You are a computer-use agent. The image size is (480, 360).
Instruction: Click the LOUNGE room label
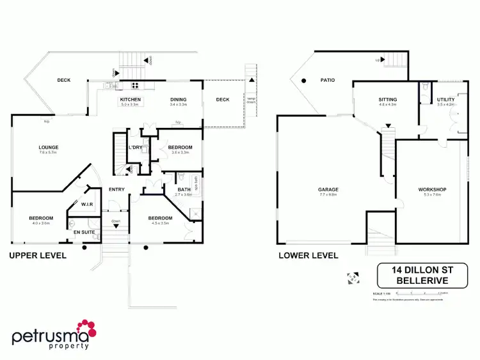pyautogui.click(x=48, y=147)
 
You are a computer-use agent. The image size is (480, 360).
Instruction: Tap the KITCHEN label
pyautogui.click(x=131, y=100)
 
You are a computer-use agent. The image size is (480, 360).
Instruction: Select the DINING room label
pyautogui.click(x=178, y=100)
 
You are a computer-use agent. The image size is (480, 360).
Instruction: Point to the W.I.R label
pyautogui.click(x=87, y=205)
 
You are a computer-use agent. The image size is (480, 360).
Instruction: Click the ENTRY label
pyautogui.click(x=116, y=189)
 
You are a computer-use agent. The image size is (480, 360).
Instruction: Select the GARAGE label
pyautogui.click(x=328, y=189)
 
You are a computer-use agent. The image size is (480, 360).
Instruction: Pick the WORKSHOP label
pyautogui.click(x=432, y=189)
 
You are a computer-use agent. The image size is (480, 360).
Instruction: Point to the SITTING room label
pyautogui.click(x=388, y=100)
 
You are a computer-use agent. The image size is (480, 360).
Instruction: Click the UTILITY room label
pyautogui.click(x=445, y=100)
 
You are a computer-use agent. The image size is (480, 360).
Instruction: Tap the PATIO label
pyautogui.click(x=328, y=81)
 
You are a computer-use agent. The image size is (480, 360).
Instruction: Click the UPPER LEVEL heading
pyautogui.click(x=37, y=255)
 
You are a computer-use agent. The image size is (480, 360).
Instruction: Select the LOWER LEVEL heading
pyautogui.click(x=308, y=255)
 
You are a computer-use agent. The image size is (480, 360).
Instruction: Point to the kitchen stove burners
pyautogui.click(x=136, y=85)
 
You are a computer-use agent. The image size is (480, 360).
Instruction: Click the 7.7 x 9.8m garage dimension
pyautogui.click(x=328, y=195)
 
